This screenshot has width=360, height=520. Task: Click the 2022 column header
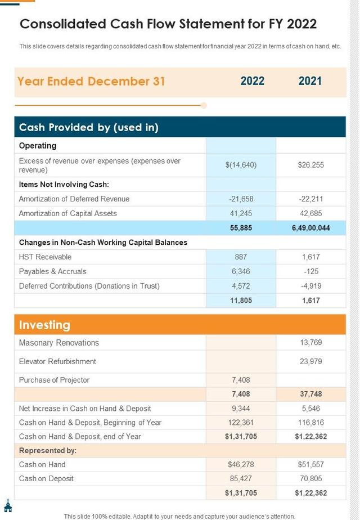point(252,81)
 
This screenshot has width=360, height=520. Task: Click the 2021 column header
point(310,81)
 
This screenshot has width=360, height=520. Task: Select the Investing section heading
point(45,325)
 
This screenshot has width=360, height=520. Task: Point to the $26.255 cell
point(310,165)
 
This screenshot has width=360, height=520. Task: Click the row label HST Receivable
point(45,257)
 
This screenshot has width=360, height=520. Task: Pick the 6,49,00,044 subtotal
point(310,228)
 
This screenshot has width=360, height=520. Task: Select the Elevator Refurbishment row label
point(57,361)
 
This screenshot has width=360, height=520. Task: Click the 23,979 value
point(310,361)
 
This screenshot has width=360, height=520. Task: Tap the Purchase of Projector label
point(54,380)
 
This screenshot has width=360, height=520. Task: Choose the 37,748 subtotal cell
point(310,394)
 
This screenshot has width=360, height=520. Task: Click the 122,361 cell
point(241,422)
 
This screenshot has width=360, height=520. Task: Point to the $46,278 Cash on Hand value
point(241,464)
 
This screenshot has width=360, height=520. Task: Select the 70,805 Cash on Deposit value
point(310,478)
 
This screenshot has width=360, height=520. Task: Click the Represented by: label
point(48,450)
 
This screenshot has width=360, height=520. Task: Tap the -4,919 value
point(310,286)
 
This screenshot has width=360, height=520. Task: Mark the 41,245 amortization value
point(241,213)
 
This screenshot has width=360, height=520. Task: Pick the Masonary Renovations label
point(58,343)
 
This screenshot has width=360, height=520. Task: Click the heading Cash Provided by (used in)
point(89,127)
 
